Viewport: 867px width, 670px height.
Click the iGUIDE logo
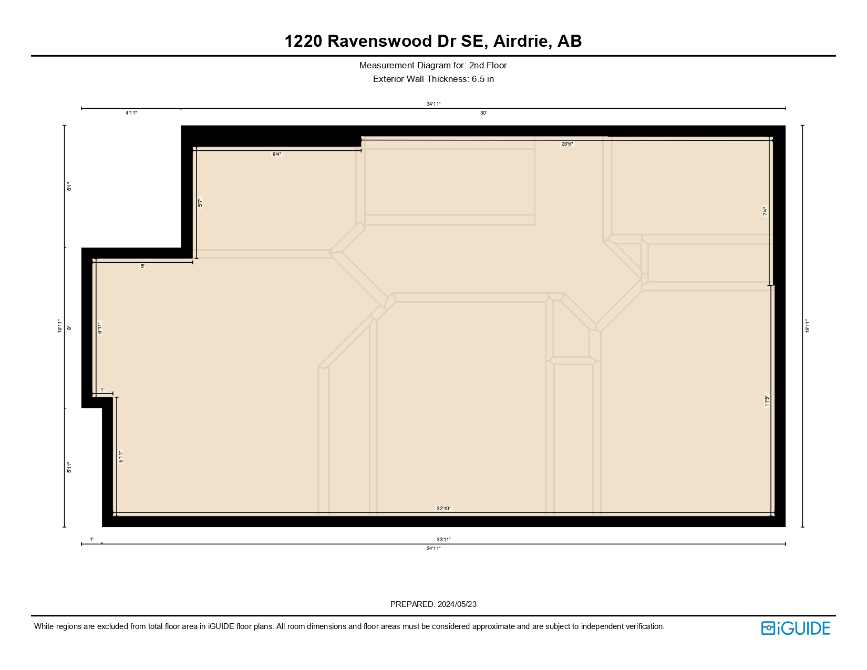coord(795,628)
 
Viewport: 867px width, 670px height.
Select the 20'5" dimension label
coord(567,143)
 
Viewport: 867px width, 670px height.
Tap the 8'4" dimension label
coord(277,154)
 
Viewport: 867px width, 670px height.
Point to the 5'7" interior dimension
coord(200,203)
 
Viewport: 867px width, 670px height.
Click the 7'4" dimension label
coord(766,211)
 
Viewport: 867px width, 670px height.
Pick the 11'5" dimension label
coord(767,401)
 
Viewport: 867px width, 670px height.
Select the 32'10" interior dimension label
coord(443,508)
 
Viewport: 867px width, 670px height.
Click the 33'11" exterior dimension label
coord(443,539)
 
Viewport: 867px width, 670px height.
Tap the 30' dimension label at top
coord(483,113)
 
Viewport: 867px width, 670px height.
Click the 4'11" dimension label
coord(131,113)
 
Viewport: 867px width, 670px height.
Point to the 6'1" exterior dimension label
coord(69,187)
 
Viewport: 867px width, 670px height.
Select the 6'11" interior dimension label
coord(100,328)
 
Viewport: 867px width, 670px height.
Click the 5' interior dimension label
coord(142,266)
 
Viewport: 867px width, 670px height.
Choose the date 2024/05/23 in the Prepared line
coord(457,604)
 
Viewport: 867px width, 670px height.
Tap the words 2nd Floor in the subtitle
coord(488,66)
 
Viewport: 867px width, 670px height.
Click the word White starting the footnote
coord(44,626)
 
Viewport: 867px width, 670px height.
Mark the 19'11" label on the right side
coord(808,326)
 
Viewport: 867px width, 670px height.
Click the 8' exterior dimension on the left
coord(69,328)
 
